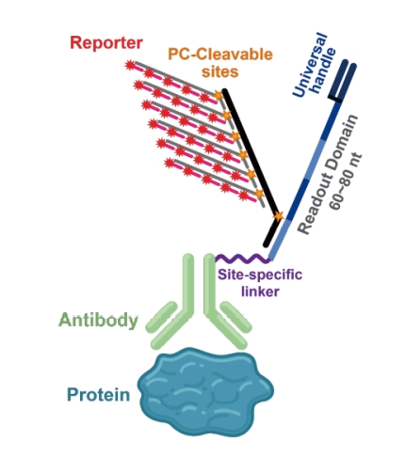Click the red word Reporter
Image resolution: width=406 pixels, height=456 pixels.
[x=106, y=43]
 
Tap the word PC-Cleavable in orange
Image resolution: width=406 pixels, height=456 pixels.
[x=220, y=55]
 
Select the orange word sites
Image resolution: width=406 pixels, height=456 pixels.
[x=219, y=71]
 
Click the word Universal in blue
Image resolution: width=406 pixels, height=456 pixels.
[x=309, y=65]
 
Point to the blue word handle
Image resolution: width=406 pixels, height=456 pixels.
[x=323, y=71]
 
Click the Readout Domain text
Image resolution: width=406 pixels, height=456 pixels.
[x=327, y=175]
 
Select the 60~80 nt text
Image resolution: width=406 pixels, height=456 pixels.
[x=346, y=181]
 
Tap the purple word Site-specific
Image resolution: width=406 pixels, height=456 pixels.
[x=260, y=275]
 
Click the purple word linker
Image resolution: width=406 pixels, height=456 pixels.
[x=260, y=291]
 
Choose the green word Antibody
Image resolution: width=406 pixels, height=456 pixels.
[x=98, y=321]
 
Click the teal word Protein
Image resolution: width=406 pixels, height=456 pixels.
[x=99, y=395]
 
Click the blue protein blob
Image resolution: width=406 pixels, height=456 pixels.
[x=206, y=391]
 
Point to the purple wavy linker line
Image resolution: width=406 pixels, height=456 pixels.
[x=242, y=259]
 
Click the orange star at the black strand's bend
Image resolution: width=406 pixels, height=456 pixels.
[x=278, y=216]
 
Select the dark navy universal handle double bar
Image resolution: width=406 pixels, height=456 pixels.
[x=342, y=81]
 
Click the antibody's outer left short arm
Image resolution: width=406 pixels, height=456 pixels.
[x=162, y=317]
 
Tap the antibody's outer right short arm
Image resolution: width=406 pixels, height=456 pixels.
[x=235, y=317]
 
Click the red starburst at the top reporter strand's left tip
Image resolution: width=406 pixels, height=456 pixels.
[x=129, y=66]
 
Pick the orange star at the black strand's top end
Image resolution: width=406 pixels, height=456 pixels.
[x=218, y=95]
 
